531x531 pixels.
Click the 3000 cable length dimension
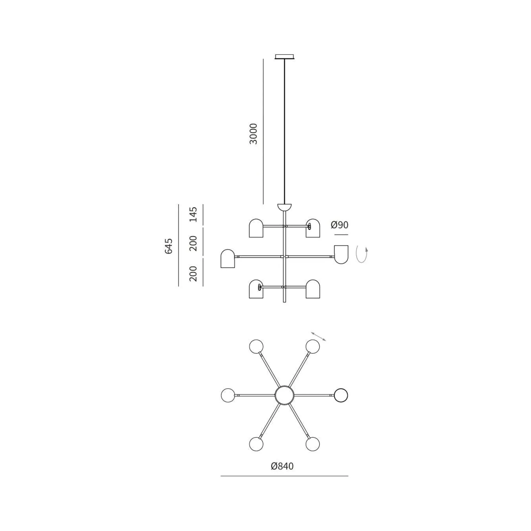(x=254, y=134)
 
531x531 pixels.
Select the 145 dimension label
(x=193, y=214)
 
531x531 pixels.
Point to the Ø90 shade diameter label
(x=340, y=225)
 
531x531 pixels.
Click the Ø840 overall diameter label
(x=282, y=466)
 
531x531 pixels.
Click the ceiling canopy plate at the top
(x=285, y=57)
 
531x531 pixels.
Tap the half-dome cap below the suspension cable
(x=285, y=207)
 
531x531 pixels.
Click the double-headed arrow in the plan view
(x=319, y=336)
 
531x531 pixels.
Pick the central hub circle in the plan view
(x=285, y=395)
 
